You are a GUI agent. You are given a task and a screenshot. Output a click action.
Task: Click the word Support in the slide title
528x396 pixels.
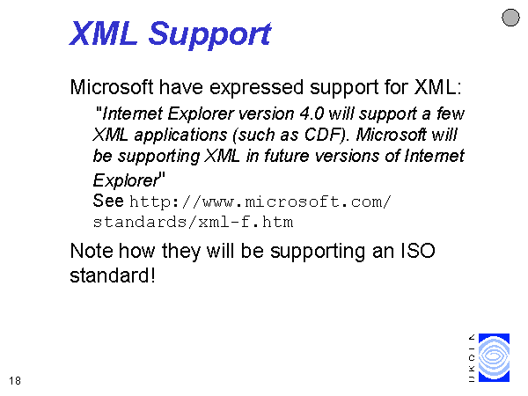click(209, 33)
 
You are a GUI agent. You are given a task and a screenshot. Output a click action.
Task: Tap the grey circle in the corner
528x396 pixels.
click(510, 18)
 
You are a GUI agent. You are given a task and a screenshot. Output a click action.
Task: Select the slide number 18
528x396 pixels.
click(15, 381)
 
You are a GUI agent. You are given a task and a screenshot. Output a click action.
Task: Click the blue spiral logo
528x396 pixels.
click(494, 357)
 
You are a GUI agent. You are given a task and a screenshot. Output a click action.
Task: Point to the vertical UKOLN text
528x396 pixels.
click(472, 358)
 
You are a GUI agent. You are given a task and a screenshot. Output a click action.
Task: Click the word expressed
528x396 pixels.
click(256, 87)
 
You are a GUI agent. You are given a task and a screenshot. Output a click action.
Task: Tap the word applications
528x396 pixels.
click(180, 136)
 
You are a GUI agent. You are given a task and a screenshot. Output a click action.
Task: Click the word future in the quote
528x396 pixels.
click(286, 156)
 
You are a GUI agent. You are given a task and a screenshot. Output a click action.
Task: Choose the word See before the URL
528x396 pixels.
click(108, 201)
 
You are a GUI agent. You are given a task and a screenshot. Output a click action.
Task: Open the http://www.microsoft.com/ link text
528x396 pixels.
click(260, 202)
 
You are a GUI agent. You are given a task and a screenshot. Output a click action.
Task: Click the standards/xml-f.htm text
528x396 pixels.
click(193, 223)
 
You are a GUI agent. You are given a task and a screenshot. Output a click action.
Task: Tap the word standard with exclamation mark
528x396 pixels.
click(113, 275)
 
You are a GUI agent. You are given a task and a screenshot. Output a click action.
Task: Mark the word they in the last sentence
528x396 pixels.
click(181, 252)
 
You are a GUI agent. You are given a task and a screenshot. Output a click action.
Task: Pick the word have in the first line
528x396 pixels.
click(181, 87)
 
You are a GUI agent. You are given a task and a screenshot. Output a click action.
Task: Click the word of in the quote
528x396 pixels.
click(392, 156)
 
